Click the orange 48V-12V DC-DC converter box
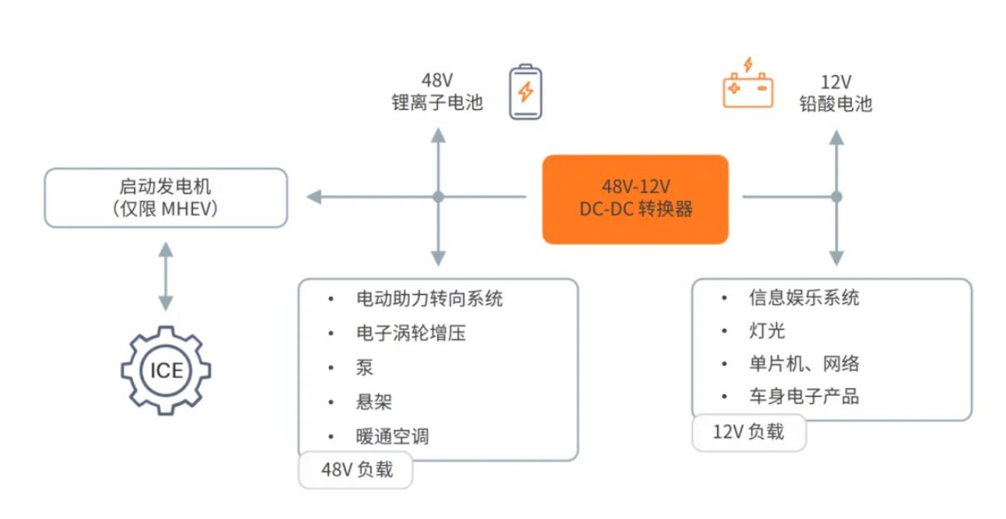(x=635, y=199)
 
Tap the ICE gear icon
(x=166, y=370)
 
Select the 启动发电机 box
(x=166, y=197)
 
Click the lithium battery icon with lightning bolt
(x=525, y=92)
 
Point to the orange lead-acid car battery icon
(x=747, y=83)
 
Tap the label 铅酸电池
(x=835, y=103)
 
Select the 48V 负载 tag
(x=356, y=470)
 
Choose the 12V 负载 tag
(x=748, y=432)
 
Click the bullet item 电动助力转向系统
(x=429, y=298)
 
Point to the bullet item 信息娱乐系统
(x=804, y=297)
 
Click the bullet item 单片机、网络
(x=804, y=363)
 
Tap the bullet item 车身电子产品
(x=804, y=396)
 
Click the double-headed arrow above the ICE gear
(x=166, y=276)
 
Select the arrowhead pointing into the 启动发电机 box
(x=314, y=197)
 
